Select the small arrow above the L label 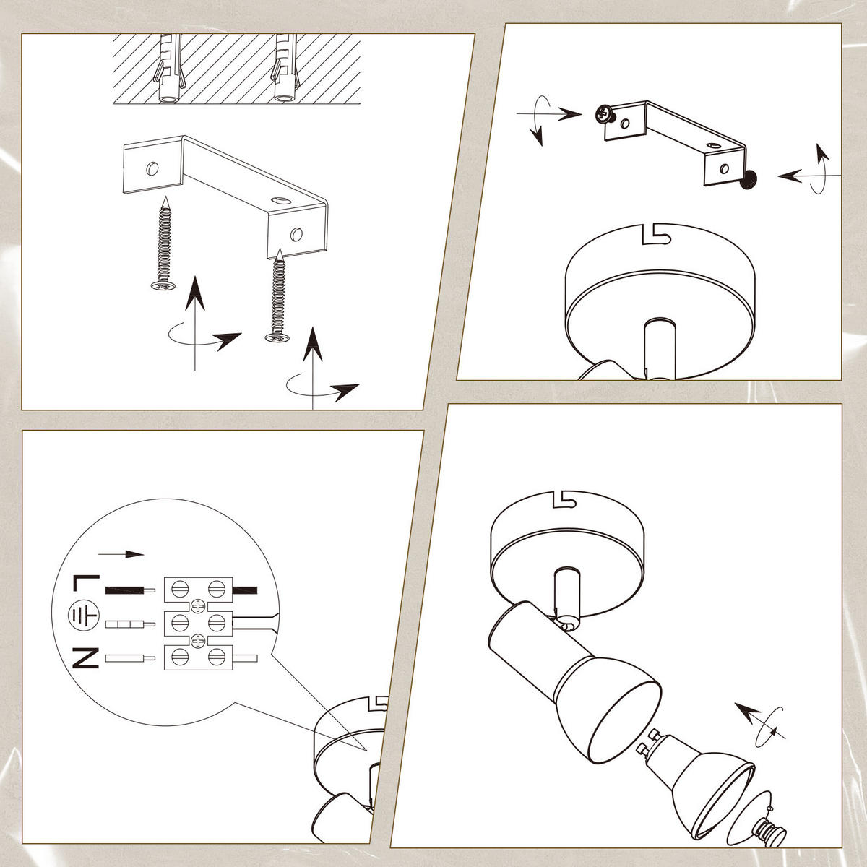121,554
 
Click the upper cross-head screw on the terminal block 198,606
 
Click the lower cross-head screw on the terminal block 198,641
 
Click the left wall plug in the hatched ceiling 170,70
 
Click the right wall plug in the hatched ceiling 285,70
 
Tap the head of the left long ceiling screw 163,285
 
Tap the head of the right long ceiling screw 277,337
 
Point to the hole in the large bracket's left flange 152,169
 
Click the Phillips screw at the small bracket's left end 605,115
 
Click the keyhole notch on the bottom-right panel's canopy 564,500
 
